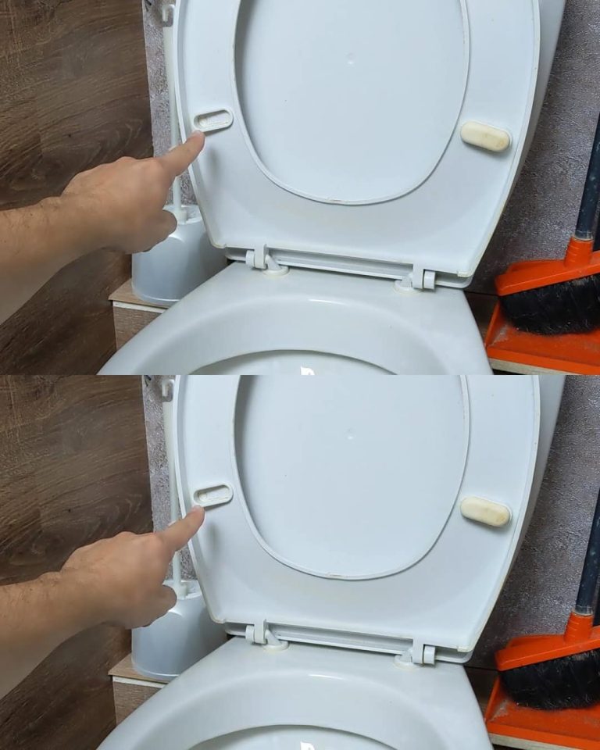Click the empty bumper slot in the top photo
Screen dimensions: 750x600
point(213,120)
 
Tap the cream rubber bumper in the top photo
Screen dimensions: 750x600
point(485,135)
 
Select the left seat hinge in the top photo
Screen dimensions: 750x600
point(259,259)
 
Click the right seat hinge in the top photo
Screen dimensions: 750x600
point(422,277)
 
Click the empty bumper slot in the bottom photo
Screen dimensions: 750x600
point(213,495)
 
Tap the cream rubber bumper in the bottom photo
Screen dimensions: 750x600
point(485,511)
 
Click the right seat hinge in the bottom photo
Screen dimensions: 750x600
point(422,651)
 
